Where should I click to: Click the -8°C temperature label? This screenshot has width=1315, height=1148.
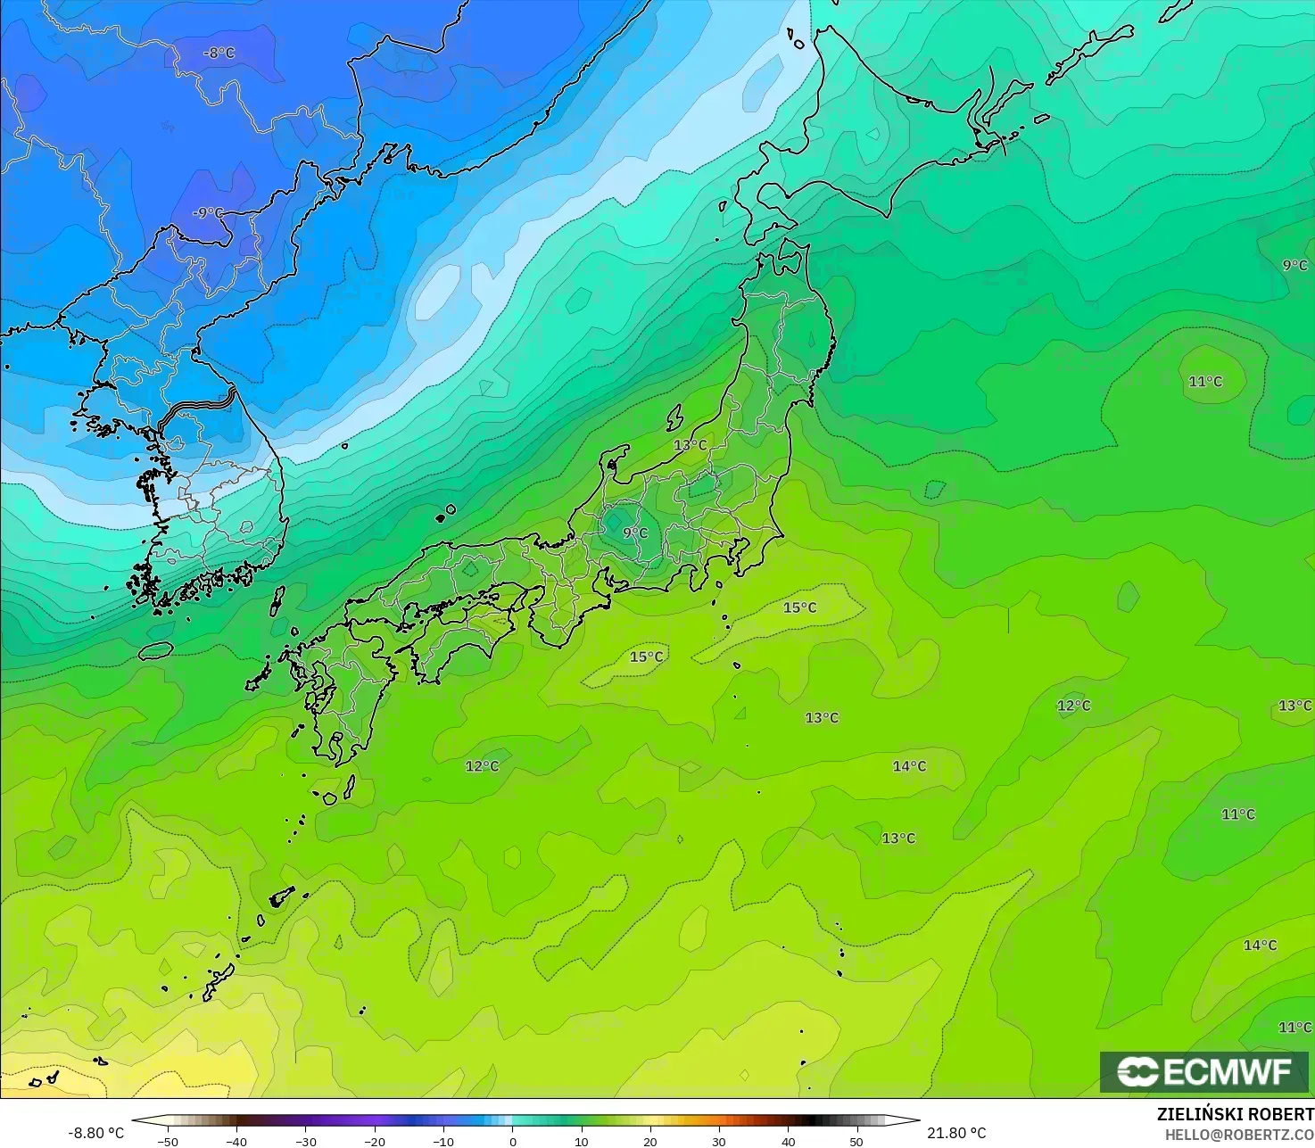click(219, 53)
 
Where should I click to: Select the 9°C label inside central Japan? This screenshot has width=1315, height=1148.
click(635, 533)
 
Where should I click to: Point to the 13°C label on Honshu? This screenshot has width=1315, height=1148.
click(690, 444)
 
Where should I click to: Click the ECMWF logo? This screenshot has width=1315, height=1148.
click(1203, 1071)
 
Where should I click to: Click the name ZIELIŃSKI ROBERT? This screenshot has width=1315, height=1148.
click(1235, 1114)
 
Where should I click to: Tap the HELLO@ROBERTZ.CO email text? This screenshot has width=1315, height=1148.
click(1239, 1134)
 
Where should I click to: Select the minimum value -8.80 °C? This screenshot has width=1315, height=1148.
click(96, 1133)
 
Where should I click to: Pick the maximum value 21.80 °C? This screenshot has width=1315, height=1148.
click(956, 1133)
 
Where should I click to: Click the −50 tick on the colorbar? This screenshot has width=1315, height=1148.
click(167, 1141)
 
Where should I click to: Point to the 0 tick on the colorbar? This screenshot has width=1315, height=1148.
click(512, 1141)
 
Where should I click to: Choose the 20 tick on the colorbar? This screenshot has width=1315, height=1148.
click(650, 1141)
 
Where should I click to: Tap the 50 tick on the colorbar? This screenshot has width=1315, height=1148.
click(856, 1141)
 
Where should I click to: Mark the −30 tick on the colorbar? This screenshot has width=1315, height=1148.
click(305, 1141)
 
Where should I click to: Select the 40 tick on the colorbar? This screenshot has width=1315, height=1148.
click(788, 1141)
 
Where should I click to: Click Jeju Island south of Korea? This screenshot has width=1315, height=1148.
click(155, 650)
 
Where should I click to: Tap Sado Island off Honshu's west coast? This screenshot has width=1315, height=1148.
click(674, 416)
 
